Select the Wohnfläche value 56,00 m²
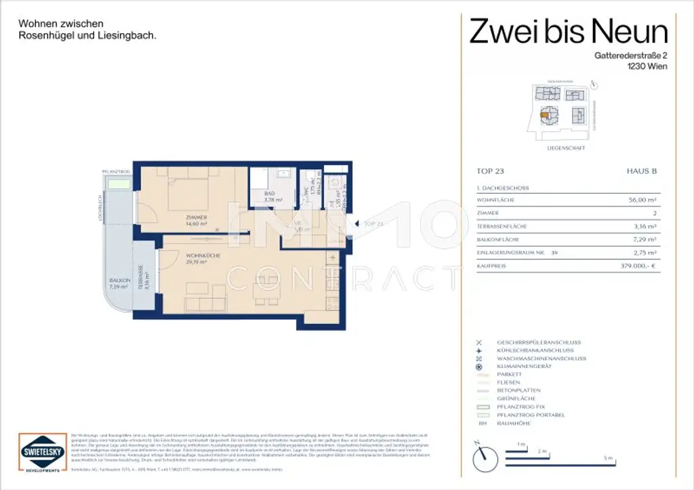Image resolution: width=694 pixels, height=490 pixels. click(642, 200)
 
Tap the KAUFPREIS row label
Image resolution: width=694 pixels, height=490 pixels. click(493, 266)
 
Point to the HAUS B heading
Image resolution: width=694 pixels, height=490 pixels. click(641, 172)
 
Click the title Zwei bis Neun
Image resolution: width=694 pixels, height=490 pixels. click(569, 30)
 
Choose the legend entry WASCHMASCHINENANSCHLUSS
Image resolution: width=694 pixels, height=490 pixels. click(541, 359)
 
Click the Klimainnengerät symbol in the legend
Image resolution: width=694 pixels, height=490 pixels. click(480, 367)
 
